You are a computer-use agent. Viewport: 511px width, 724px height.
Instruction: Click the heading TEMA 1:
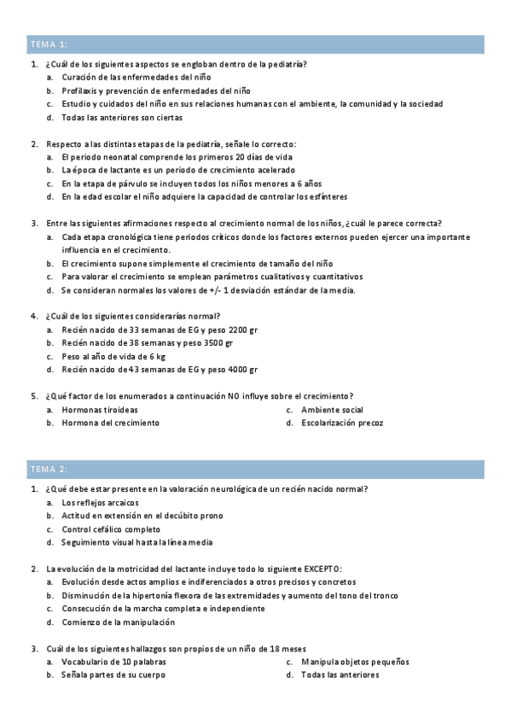49,44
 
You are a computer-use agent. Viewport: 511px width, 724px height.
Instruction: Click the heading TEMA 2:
49,469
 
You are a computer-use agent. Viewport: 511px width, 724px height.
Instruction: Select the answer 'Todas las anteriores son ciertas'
121,117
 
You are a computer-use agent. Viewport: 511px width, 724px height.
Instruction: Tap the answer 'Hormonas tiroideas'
100,410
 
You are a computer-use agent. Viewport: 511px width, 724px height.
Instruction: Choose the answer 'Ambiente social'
332,410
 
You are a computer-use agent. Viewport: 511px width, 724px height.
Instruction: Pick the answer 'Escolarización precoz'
342,423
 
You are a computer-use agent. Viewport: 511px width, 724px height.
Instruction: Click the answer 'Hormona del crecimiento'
110,423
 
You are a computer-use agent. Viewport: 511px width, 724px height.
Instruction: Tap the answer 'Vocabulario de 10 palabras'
113,662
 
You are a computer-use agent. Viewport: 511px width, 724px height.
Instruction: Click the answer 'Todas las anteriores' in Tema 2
340,674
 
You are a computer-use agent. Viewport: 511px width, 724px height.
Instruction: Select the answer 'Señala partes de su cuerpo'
113,674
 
